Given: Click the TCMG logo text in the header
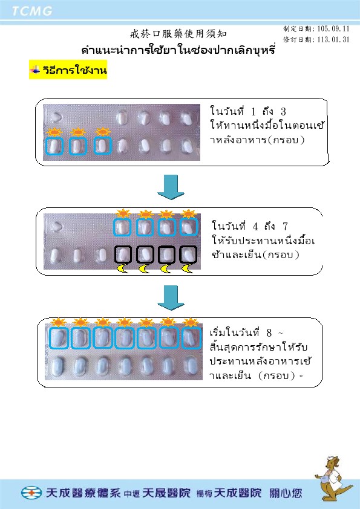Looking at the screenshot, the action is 32,11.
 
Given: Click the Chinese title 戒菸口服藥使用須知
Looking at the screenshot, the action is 178,34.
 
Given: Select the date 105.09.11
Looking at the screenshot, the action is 333,28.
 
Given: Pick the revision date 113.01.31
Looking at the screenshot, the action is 333,40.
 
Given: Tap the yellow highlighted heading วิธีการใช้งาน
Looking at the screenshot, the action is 68,70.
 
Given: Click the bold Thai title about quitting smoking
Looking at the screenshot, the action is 178,50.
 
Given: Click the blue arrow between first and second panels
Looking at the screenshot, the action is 171,187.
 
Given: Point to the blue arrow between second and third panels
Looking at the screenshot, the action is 171,297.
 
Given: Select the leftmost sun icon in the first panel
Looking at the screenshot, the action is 54,132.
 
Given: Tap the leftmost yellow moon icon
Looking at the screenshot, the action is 122,268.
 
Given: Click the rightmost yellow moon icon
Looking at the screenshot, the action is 188,268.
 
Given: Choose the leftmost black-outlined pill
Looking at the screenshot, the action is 123,254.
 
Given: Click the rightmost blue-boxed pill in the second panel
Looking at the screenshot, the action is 189,227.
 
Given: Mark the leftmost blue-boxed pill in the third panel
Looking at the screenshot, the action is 59,338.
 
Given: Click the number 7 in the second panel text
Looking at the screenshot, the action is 285,226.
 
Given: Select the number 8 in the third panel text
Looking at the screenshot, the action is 269,332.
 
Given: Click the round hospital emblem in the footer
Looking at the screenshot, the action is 31,493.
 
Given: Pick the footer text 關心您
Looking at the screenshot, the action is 286,493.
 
